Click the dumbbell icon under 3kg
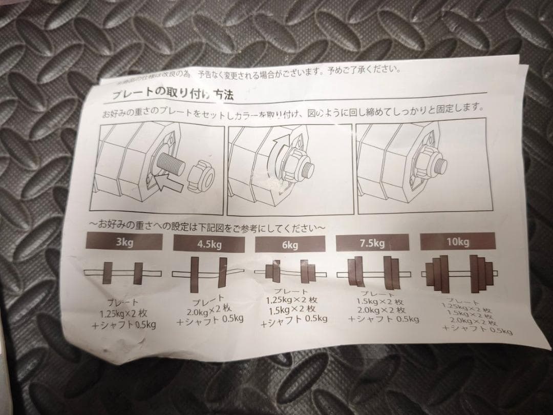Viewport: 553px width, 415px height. point(122,273)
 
